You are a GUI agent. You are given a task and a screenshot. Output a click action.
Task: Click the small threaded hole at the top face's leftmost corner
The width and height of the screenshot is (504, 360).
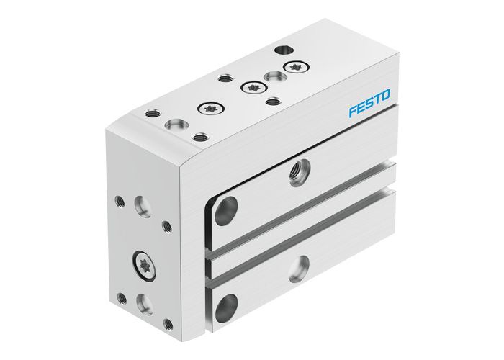tap(153, 112)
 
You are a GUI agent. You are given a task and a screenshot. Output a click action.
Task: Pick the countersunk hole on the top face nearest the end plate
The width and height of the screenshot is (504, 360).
tap(175, 126)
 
